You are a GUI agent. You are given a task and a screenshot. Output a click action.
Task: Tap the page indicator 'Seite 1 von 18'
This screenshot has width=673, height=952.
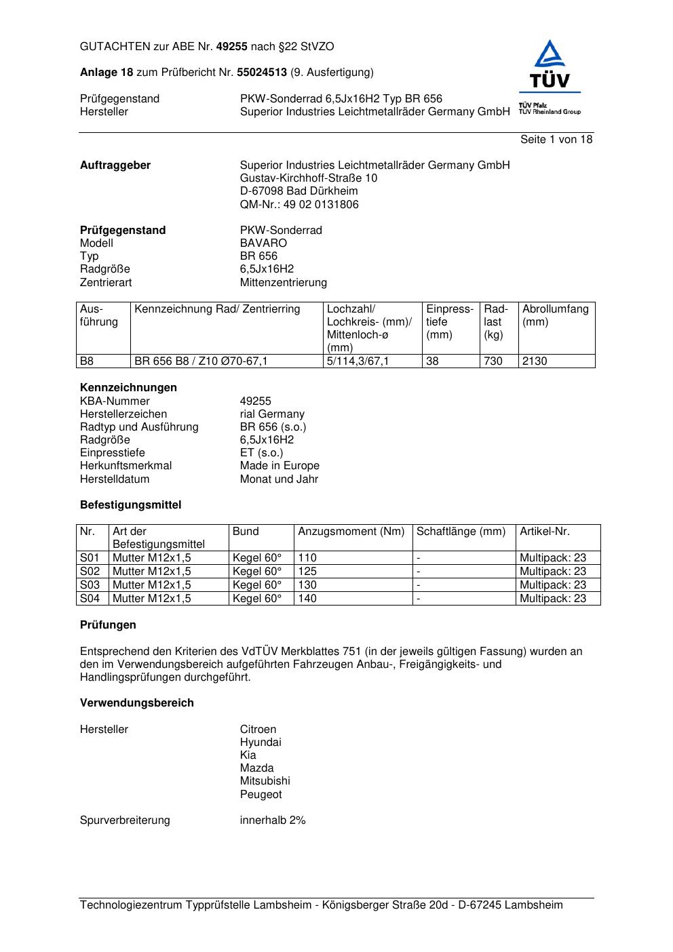556,140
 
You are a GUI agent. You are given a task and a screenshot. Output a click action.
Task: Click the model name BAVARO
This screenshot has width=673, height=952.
263,243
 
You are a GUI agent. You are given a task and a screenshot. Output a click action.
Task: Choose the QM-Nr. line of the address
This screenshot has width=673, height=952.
299,205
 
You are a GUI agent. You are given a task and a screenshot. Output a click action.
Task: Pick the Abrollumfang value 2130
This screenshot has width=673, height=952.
535,361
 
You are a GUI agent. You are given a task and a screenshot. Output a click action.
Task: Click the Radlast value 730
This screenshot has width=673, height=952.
493,361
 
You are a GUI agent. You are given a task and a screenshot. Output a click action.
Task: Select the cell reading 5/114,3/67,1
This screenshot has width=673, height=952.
358,361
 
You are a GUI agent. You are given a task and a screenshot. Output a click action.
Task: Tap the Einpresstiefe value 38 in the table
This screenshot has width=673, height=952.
432,361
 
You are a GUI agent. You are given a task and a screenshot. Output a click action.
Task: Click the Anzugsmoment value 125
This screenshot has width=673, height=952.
307,572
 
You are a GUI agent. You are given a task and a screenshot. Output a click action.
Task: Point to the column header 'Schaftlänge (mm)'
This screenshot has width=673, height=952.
461,532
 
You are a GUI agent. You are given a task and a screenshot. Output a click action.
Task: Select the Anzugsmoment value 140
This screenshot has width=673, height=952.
307,599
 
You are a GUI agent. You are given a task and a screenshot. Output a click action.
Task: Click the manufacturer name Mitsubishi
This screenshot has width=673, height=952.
265,781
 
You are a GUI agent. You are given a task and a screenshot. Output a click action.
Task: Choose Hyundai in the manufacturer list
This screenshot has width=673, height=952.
260,742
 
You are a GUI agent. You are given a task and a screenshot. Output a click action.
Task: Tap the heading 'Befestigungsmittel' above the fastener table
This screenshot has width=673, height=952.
130,505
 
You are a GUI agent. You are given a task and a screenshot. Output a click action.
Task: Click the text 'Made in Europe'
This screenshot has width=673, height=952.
280,466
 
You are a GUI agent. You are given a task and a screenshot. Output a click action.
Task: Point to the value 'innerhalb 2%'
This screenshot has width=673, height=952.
272,820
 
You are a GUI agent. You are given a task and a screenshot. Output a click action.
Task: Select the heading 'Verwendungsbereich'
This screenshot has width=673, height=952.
136,703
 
